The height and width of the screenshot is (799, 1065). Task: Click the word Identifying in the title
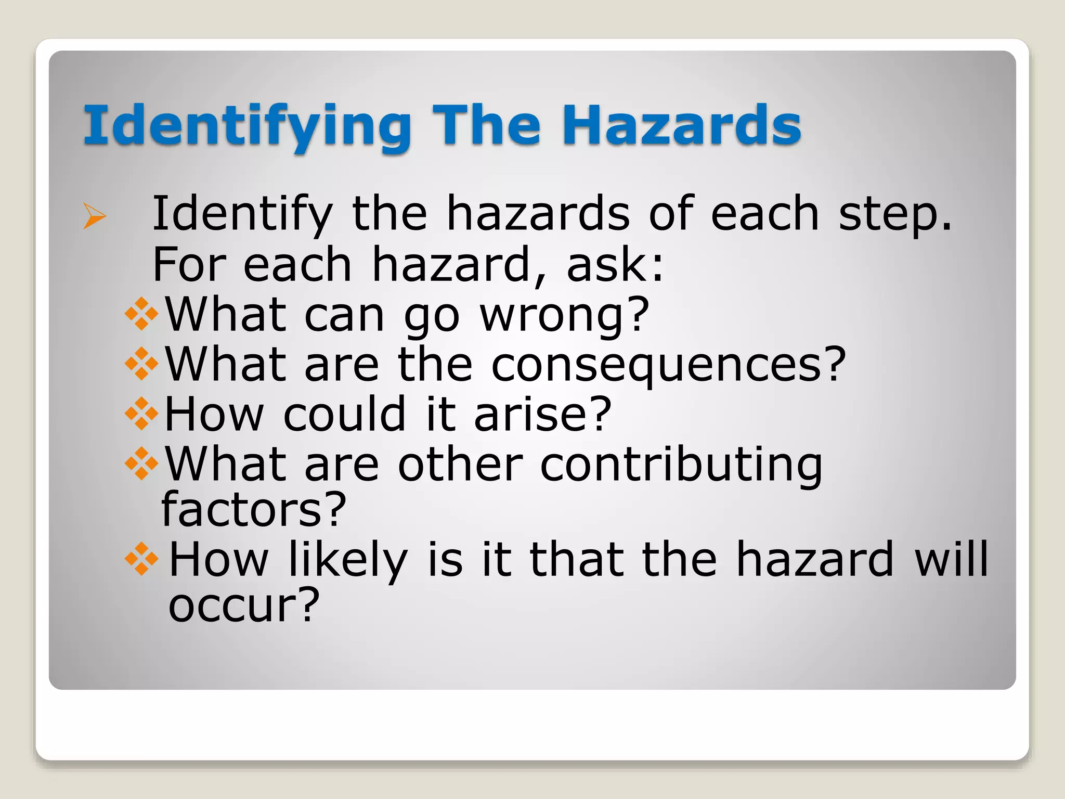(247, 126)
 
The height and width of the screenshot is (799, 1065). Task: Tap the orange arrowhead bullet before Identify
(95, 216)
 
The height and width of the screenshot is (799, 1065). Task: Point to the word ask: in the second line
(615, 265)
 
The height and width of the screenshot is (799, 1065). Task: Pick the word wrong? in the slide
(565, 315)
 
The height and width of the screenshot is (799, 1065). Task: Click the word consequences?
(669, 365)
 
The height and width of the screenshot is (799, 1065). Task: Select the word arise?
(543, 414)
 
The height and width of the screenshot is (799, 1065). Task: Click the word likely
(348, 560)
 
